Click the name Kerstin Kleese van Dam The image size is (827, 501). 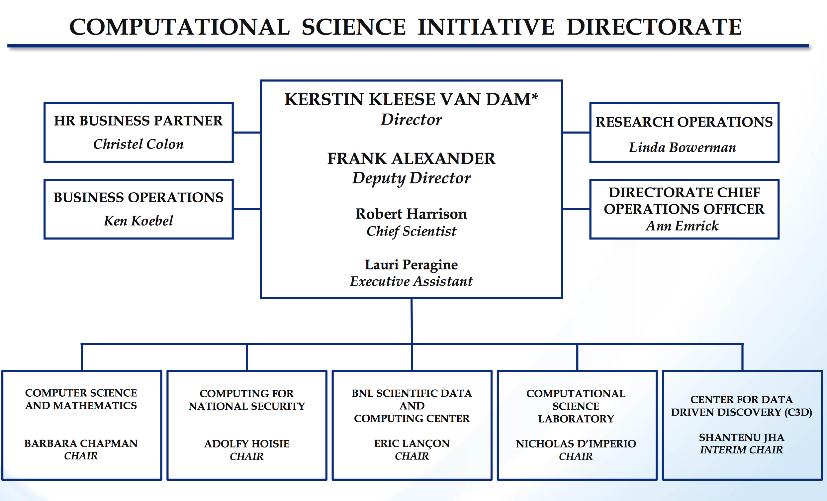(408, 99)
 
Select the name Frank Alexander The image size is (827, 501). (411, 158)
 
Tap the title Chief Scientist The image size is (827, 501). (411, 231)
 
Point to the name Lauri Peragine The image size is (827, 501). (411, 264)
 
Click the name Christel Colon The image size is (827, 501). (138, 144)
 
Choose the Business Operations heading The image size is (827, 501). (138, 197)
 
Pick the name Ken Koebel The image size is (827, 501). (138, 221)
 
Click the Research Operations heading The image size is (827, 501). (684, 122)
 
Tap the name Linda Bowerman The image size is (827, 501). (682, 148)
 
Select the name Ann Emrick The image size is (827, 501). (682, 226)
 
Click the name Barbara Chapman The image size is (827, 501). (81, 444)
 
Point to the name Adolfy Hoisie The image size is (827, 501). (247, 444)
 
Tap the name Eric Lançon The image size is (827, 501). (412, 444)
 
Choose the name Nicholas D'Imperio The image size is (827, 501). (576, 444)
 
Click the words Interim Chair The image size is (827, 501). (741, 450)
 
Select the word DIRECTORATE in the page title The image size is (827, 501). (654, 27)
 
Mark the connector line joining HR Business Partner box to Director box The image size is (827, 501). (247, 133)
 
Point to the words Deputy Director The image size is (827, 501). (411, 178)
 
